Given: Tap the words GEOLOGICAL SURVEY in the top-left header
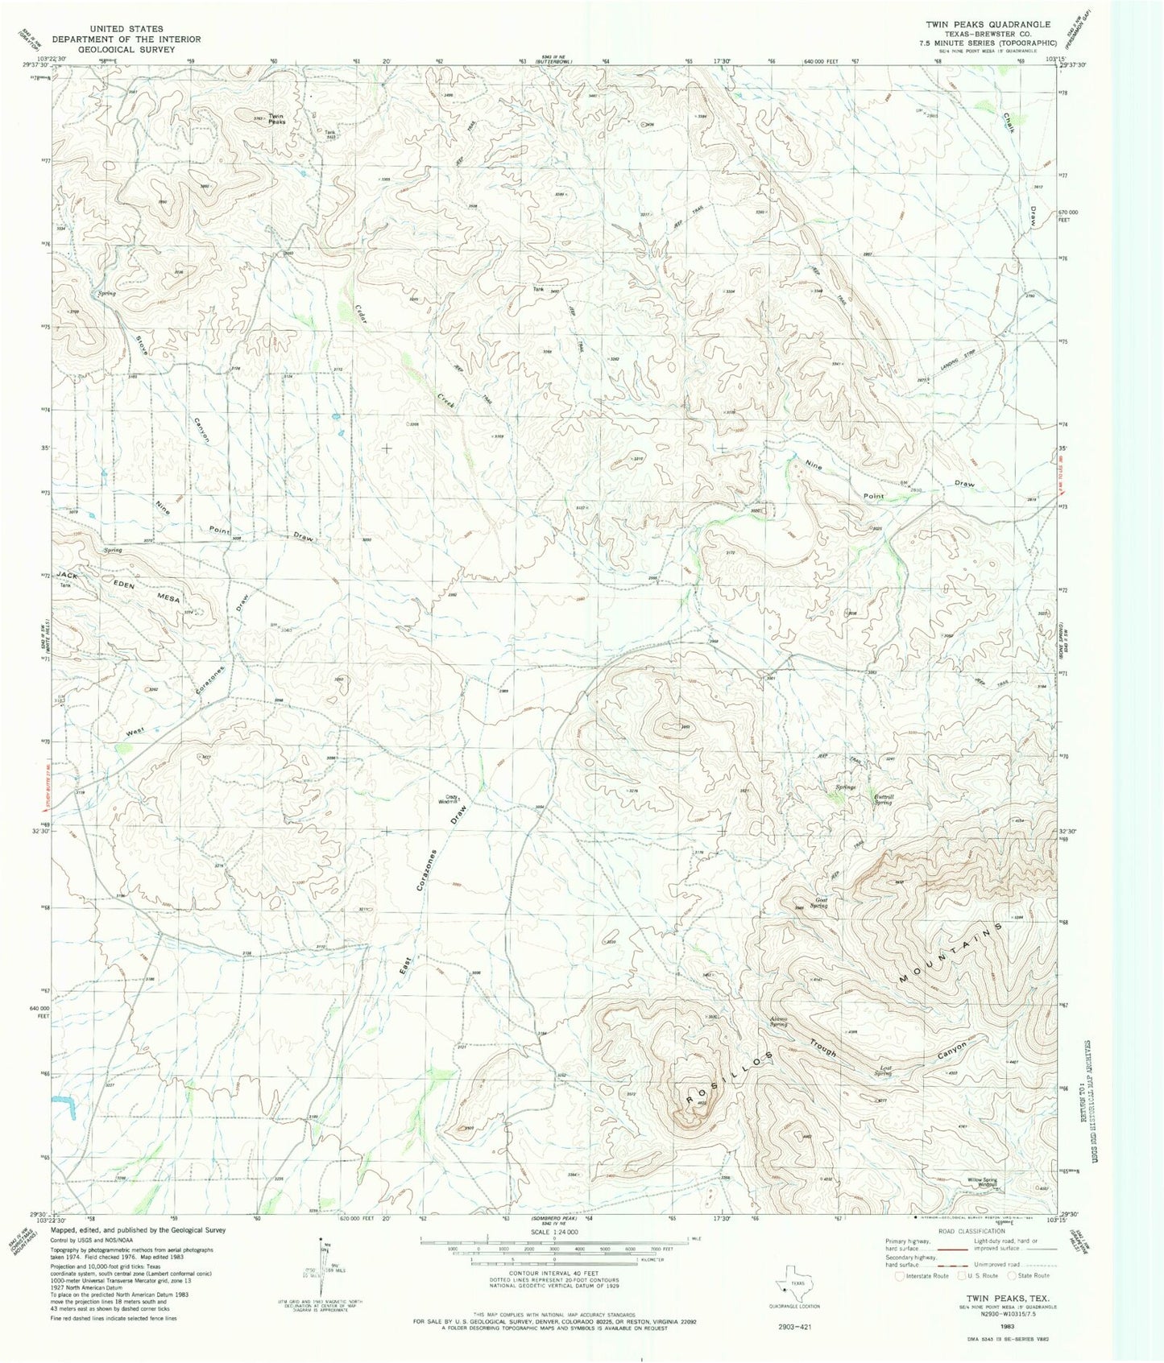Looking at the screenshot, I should (113, 49).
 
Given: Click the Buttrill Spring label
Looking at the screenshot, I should (884, 799).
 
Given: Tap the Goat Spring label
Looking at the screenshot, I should (820, 903).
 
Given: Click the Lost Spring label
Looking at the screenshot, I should (884, 1072).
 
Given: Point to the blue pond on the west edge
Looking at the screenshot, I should (64, 1105).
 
